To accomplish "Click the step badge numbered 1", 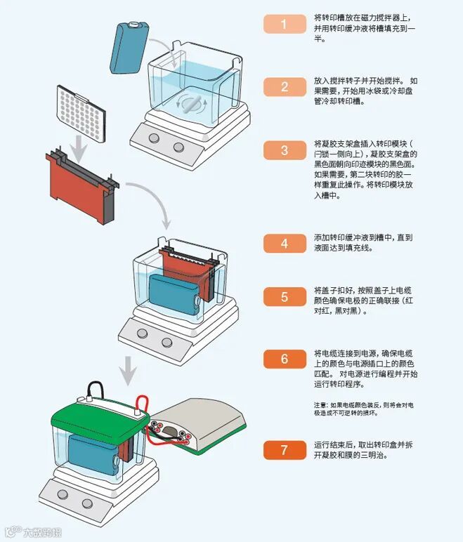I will [285, 24].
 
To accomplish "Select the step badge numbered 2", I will [285, 87].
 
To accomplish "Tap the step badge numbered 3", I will [285, 150].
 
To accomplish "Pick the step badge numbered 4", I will [285, 244].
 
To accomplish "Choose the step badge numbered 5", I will [285, 297].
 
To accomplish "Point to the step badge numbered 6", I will [285, 359].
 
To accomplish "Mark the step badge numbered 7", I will [285, 450].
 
